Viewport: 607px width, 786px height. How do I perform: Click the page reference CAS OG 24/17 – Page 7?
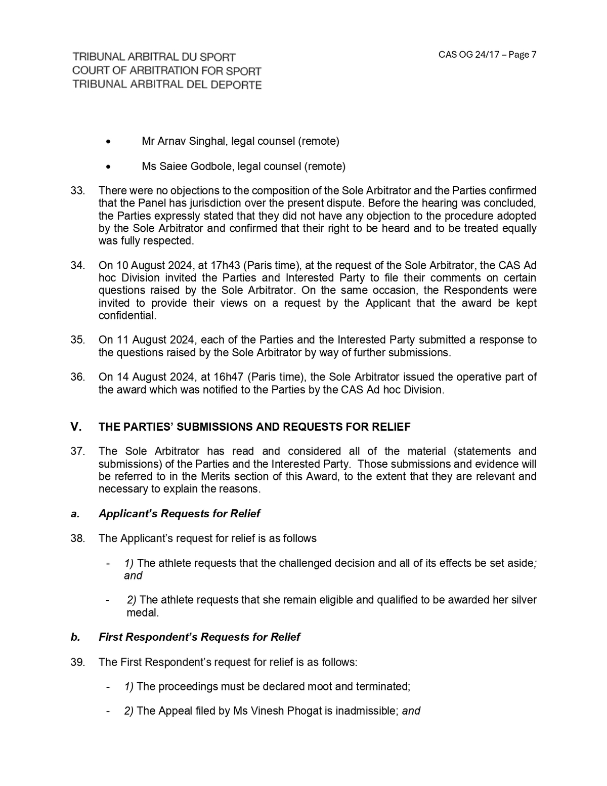click(x=487, y=55)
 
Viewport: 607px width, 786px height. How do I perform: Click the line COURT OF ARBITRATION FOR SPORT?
click(x=166, y=71)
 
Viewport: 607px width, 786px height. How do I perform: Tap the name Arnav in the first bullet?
click(x=171, y=141)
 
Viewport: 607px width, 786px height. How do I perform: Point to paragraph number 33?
click(x=77, y=191)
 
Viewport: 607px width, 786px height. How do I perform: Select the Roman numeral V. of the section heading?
click(x=76, y=427)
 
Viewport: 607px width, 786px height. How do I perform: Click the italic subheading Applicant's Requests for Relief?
click(x=179, y=514)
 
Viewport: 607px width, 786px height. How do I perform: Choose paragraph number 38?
click(x=77, y=538)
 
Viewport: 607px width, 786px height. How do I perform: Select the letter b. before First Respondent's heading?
click(x=75, y=637)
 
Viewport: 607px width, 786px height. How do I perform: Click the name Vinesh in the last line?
click(x=267, y=711)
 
